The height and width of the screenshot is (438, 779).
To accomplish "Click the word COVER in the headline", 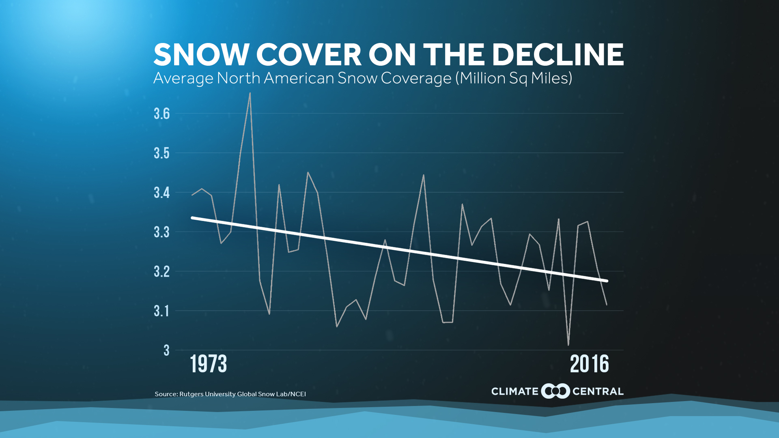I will coord(308,55).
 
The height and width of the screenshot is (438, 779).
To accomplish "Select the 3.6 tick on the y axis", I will coord(161,114).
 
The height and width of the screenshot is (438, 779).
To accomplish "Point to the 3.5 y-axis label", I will coord(161,153).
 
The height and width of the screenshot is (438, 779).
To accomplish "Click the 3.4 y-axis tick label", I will coord(161,193).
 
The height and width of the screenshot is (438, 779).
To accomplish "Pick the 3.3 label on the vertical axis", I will coord(161,232).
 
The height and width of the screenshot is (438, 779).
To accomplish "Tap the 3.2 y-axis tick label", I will coord(161,271).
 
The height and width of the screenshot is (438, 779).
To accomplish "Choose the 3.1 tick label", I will coord(161,311).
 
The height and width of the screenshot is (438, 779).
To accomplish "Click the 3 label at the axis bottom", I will coord(166,350).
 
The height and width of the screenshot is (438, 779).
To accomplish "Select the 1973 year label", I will coord(208,364).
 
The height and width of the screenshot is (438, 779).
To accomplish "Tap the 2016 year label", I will coord(589,364).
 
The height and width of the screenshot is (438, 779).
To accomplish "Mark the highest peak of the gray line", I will coord(250,93).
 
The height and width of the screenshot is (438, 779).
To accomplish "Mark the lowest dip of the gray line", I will coord(568,345).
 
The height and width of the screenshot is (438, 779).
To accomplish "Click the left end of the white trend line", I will coord(192,218).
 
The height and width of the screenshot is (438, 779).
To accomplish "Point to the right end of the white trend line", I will coord(607,281).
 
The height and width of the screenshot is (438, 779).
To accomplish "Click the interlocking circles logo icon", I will coord(555,391).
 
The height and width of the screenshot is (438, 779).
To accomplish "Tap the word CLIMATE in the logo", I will coord(514,392).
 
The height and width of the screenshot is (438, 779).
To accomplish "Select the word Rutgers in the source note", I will coord(192,394).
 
